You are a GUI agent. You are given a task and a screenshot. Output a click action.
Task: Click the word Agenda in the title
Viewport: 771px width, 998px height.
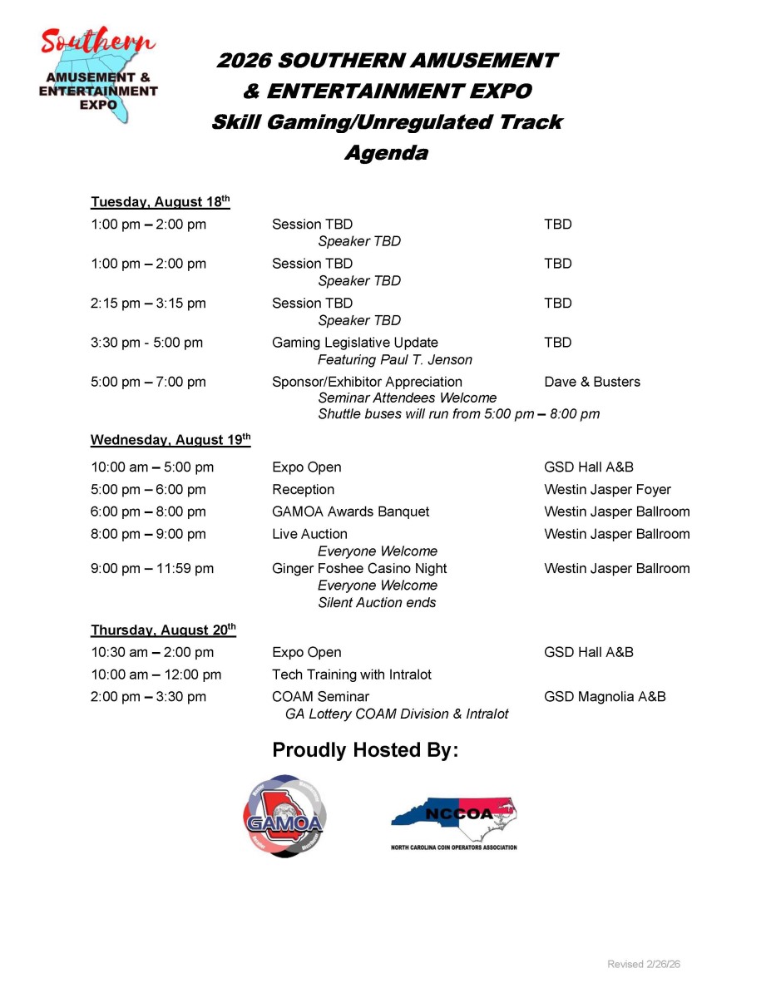point(387,153)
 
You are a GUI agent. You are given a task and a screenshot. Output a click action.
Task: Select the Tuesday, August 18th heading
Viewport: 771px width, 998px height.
point(160,202)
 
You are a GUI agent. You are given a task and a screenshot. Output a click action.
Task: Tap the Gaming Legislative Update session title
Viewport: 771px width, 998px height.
point(355,343)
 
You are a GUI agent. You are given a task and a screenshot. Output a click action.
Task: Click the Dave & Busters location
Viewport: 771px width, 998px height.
point(592,382)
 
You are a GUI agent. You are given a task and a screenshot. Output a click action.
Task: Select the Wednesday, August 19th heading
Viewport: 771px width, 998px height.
point(171,440)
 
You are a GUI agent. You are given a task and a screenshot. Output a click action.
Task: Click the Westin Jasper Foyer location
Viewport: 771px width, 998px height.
point(607,490)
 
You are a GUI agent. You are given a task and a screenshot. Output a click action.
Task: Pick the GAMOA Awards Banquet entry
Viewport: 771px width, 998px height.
point(351,512)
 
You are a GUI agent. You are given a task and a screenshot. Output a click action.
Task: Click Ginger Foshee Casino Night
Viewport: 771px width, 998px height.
point(359,569)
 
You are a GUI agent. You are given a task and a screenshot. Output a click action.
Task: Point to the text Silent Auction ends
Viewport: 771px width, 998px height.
point(377,603)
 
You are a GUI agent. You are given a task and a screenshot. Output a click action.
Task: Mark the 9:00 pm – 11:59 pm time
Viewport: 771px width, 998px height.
point(152,569)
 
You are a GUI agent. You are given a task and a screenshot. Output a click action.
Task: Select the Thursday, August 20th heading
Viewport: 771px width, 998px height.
point(163,630)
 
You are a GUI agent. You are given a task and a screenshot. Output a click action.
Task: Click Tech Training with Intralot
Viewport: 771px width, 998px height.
point(352,674)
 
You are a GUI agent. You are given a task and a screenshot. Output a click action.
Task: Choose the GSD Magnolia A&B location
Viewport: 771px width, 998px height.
point(605,697)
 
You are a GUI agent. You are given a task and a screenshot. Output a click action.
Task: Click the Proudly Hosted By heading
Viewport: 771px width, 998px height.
point(365,750)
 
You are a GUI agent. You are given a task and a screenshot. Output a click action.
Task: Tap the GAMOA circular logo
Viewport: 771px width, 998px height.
point(284,816)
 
